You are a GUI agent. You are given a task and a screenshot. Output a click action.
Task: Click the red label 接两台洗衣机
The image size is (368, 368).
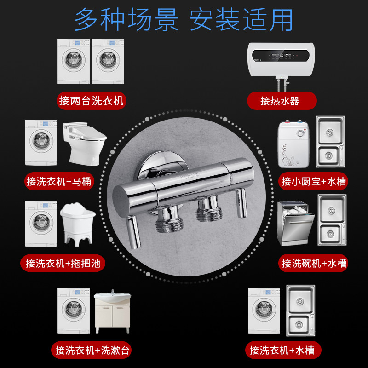[92, 101]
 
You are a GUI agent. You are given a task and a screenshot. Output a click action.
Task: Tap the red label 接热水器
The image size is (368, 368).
[282, 101]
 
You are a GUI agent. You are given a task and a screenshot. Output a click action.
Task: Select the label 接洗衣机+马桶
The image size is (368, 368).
[60, 181]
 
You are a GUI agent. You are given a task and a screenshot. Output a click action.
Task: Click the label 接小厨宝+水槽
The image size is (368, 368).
[314, 181]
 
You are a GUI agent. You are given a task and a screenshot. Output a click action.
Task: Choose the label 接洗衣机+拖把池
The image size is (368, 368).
[63, 263]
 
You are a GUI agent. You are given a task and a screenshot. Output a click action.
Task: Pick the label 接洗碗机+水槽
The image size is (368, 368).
[314, 263]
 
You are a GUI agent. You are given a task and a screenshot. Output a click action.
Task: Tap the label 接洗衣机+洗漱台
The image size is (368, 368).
[93, 351]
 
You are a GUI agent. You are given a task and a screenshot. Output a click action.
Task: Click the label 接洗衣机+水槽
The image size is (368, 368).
[282, 351]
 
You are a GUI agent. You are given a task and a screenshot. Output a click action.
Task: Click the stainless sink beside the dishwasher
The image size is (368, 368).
[331, 219]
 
